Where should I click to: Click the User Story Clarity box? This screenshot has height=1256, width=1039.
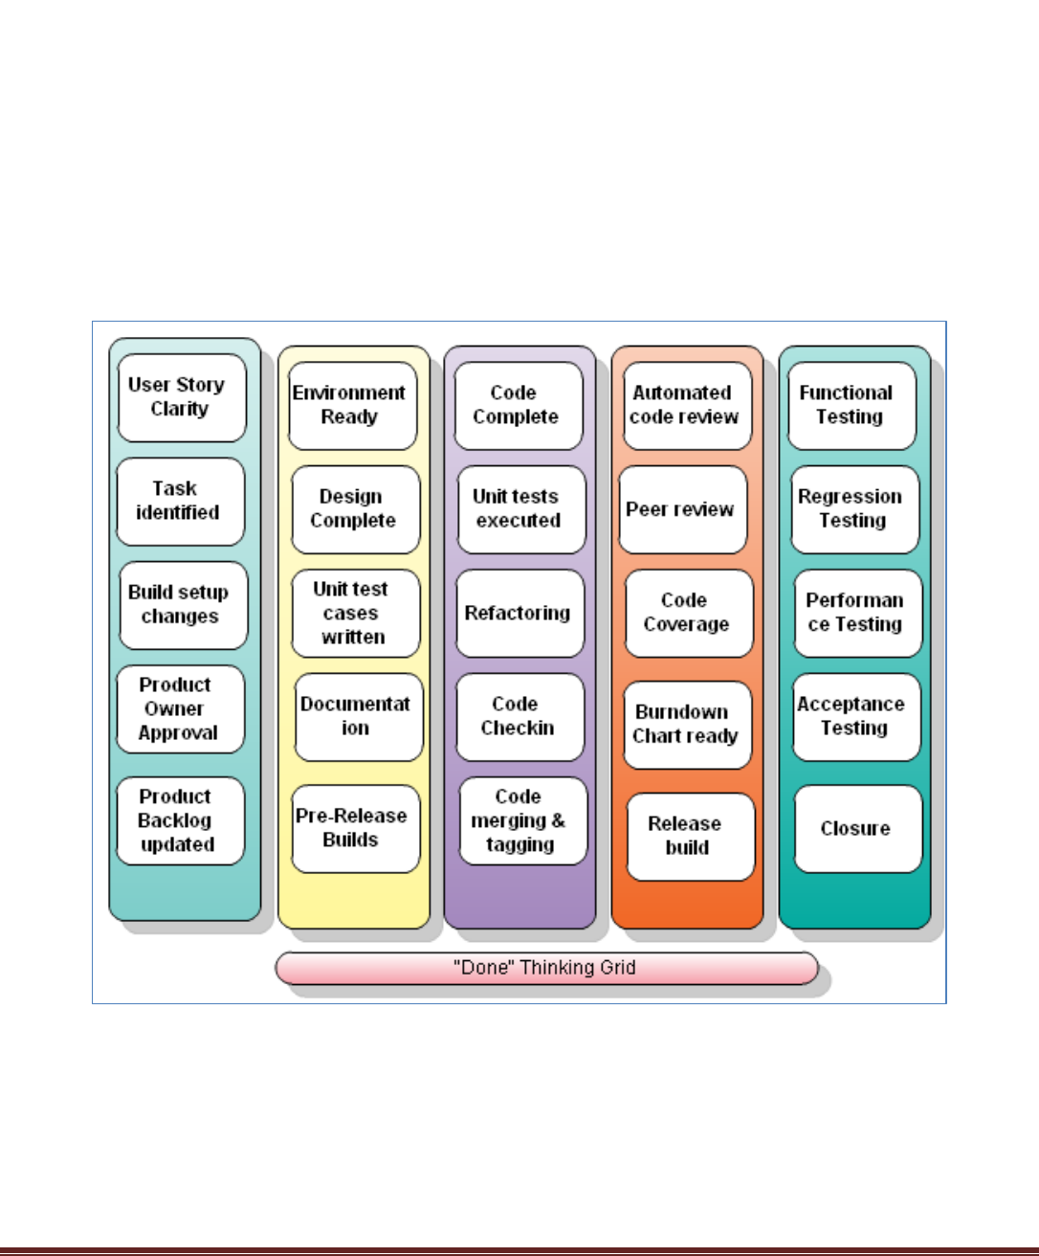(181, 397)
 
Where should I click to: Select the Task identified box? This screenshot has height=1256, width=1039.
(180, 501)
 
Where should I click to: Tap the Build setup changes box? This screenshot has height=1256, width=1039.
(183, 604)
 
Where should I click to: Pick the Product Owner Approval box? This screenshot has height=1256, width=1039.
(180, 708)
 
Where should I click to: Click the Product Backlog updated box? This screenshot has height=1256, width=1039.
(180, 820)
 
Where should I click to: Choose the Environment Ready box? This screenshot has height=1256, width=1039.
(352, 405)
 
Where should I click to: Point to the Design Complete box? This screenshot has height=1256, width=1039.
(355, 508)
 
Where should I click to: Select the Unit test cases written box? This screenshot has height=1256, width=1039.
(355, 613)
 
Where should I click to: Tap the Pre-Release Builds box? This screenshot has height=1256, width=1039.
(355, 828)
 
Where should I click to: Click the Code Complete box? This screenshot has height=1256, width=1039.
(518, 405)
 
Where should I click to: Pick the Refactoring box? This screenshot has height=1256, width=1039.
(519, 613)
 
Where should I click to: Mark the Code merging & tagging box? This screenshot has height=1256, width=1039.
(522, 820)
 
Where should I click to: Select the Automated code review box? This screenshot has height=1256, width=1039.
(686, 405)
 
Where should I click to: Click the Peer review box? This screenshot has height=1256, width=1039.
(682, 509)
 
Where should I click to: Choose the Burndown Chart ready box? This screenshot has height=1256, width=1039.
(687, 725)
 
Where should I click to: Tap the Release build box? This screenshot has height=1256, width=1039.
(690, 836)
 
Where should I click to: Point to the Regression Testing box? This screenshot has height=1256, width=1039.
(854, 508)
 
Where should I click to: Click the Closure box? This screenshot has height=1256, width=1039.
(857, 828)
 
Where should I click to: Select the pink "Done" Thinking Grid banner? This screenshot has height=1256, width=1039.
(546, 968)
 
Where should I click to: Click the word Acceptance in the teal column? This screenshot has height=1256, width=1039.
(851, 704)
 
